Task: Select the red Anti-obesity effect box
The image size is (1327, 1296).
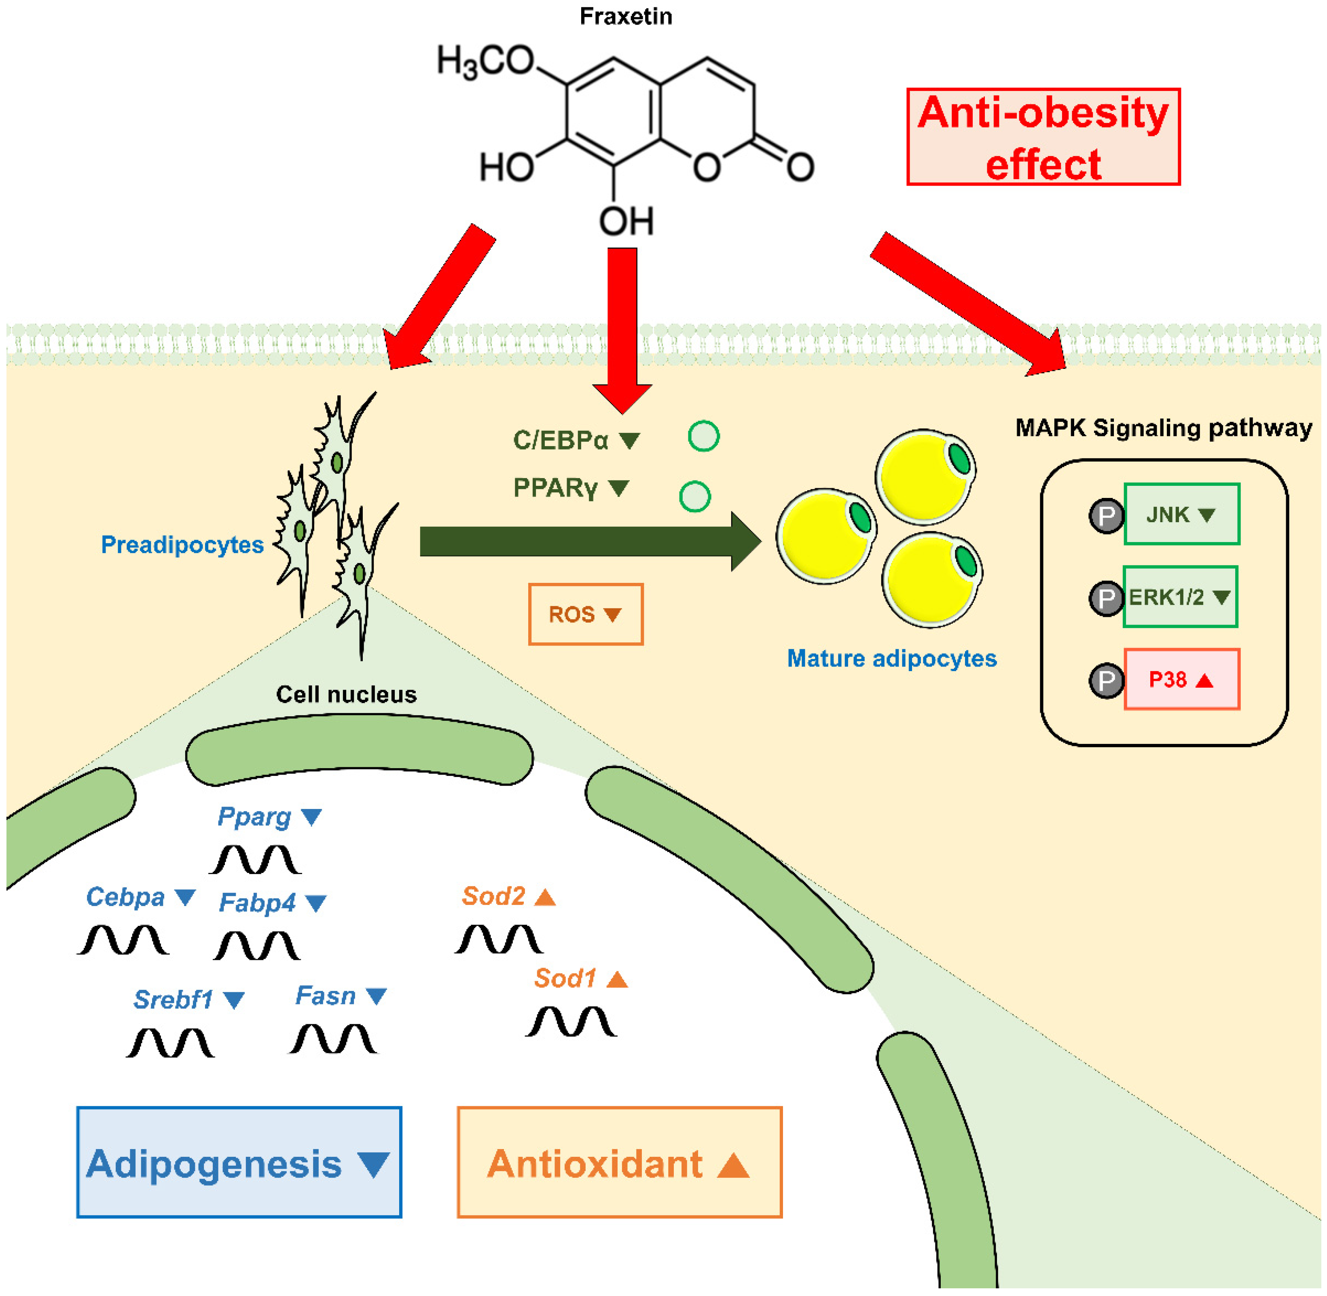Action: pos(1043,137)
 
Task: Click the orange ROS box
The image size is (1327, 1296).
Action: pos(585,614)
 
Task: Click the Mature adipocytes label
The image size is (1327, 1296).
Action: pos(891,658)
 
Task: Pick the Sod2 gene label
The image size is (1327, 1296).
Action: pos(494,896)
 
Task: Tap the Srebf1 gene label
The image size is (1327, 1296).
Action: pos(173,1000)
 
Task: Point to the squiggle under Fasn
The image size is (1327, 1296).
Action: pos(333,1040)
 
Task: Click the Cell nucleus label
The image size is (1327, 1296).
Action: pos(346,694)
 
